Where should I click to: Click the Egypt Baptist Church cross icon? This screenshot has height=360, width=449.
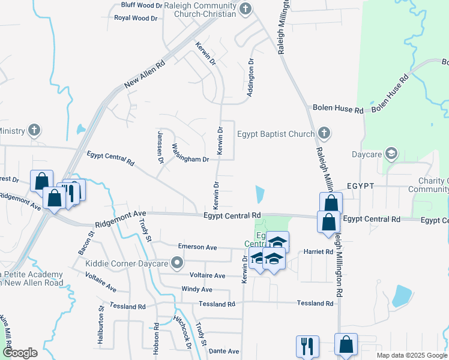pyautogui.click(x=324, y=133)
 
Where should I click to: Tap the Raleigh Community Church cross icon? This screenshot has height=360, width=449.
pyautogui.click(x=245, y=8)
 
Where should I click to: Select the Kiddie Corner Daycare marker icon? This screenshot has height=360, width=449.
pyautogui.click(x=176, y=263)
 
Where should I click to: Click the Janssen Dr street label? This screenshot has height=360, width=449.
pyautogui.click(x=160, y=148)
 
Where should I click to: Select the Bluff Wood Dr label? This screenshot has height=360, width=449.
pyautogui.click(x=142, y=5)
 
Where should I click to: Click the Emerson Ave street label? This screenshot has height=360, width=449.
pyautogui.click(x=197, y=247)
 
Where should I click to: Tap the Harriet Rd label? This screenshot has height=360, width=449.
pyautogui.click(x=318, y=252)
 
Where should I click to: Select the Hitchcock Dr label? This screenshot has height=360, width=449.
pyautogui.click(x=182, y=332)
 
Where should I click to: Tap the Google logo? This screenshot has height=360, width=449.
pyautogui.click(x=20, y=353)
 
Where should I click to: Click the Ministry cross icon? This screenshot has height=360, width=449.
pyautogui.click(x=35, y=130)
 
